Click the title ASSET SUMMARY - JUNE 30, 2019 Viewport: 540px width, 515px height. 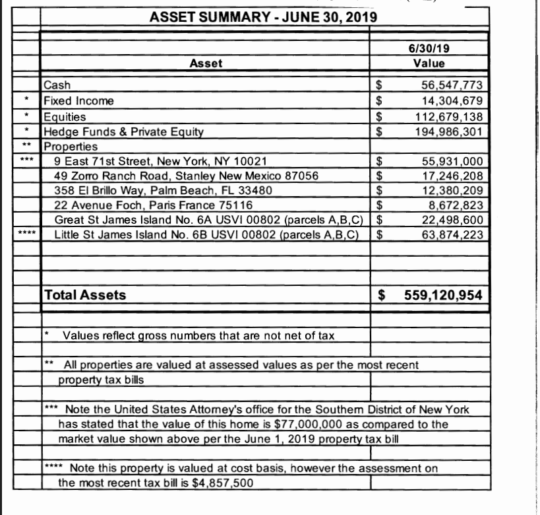tap(263, 15)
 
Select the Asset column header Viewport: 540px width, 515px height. tap(206, 63)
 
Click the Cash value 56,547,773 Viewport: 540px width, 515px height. tap(452, 85)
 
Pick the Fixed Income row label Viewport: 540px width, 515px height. tap(78, 100)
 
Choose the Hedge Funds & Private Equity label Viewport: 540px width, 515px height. tap(123, 131)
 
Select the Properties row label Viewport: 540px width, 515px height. tap(70, 146)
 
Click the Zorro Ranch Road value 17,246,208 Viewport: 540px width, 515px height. tap(452, 176)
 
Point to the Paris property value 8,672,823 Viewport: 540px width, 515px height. tap(455, 205)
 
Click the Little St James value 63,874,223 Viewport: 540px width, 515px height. tap(452, 234)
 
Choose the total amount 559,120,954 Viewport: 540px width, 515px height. tap(443, 295)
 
